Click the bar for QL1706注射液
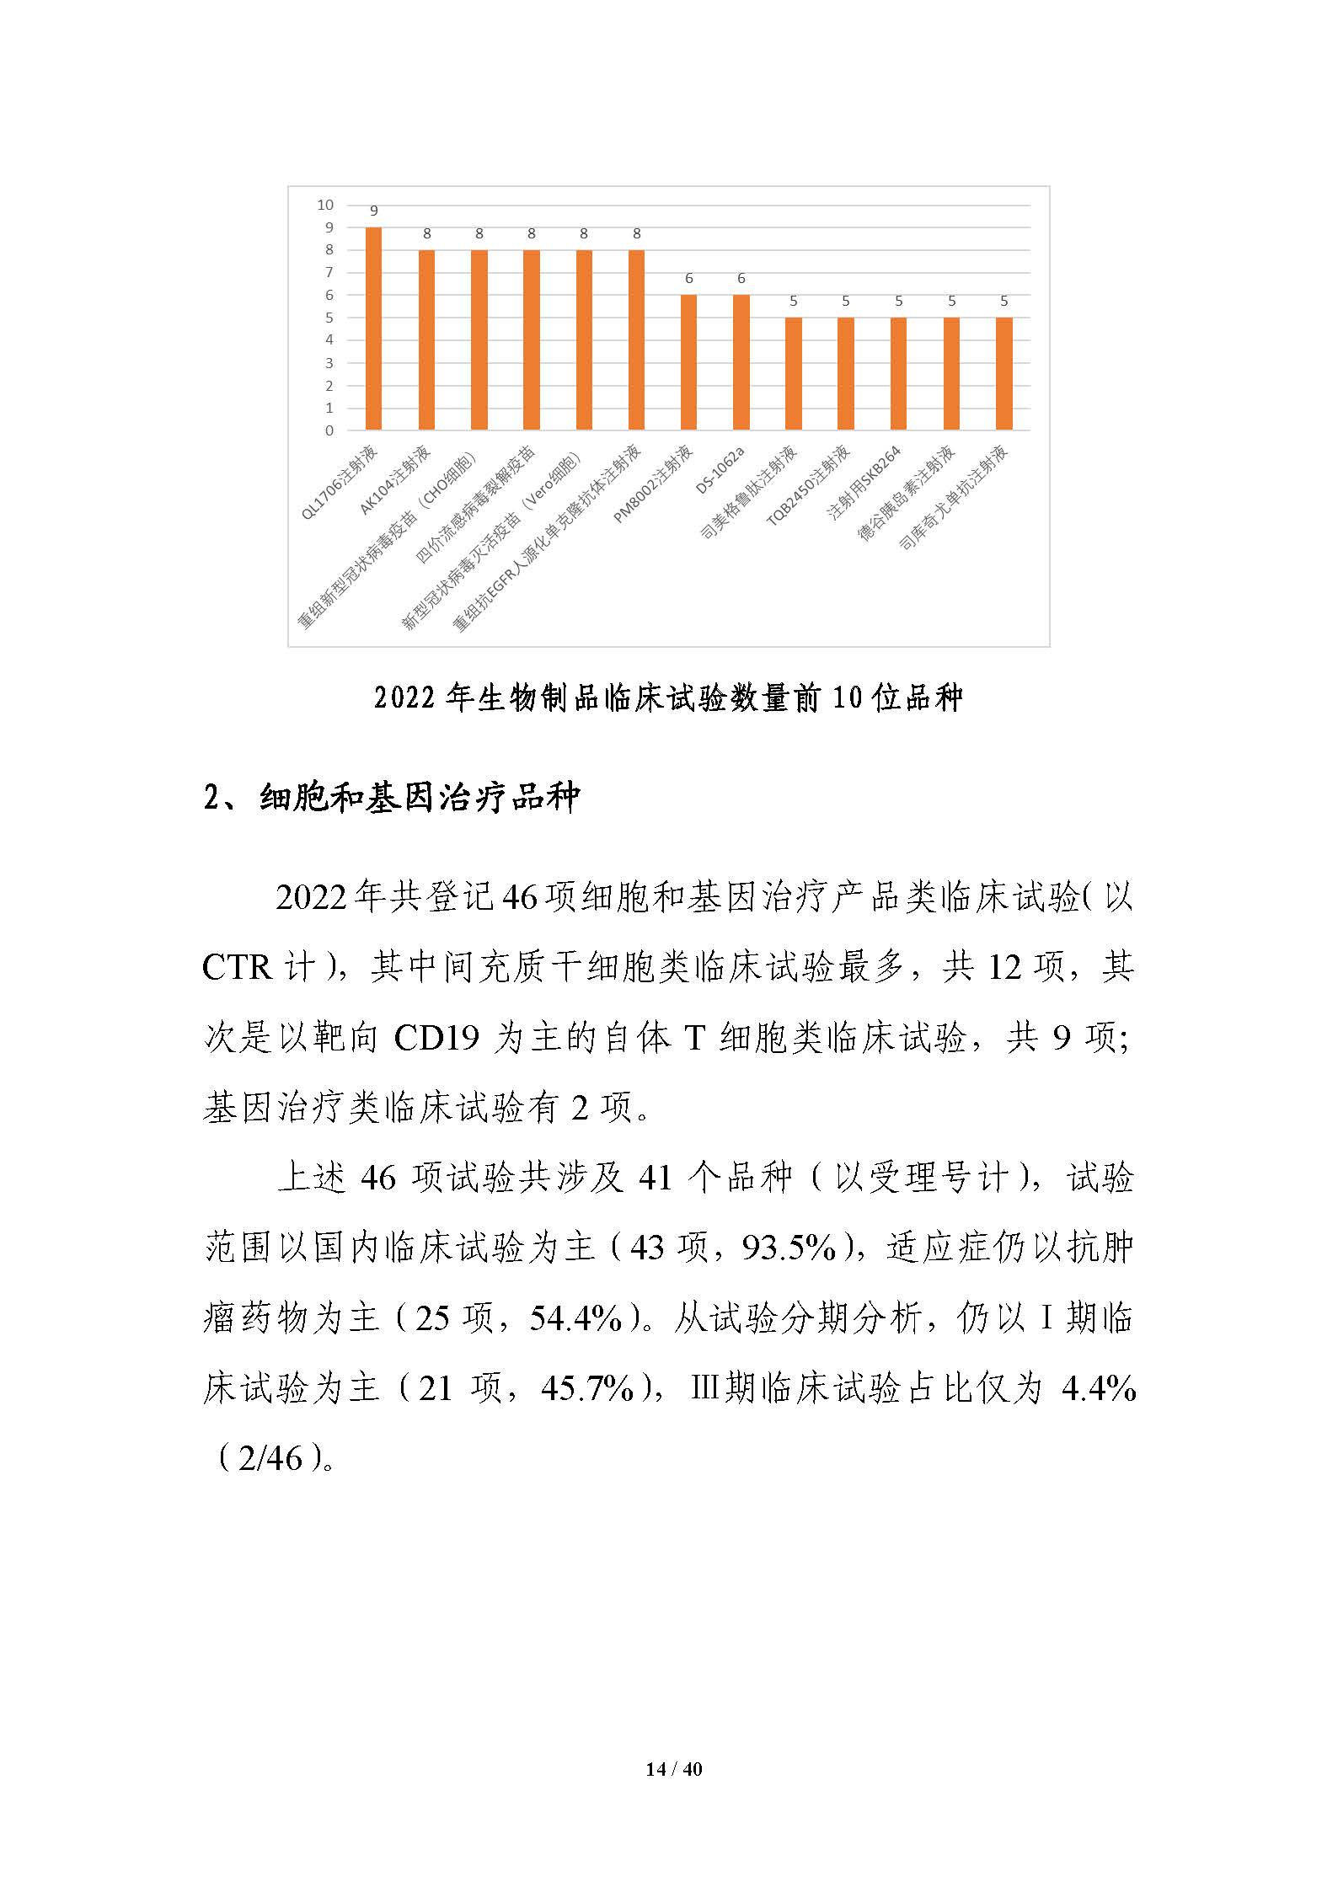click(373, 329)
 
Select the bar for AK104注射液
click(426, 339)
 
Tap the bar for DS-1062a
click(741, 362)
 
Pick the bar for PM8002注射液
click(688, 362)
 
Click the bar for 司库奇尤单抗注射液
click(1003, 373)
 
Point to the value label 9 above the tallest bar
click(374, 211)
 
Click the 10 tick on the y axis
click(325, 205)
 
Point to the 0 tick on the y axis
click(329, 430)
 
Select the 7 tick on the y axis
click(329, 272)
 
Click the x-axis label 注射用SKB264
click(865, 483)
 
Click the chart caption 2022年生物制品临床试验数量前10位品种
click(668, 698)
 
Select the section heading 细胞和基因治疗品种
click(419, 797)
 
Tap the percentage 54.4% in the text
click(575, 1317)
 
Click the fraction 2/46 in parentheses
click(270, 1458)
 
